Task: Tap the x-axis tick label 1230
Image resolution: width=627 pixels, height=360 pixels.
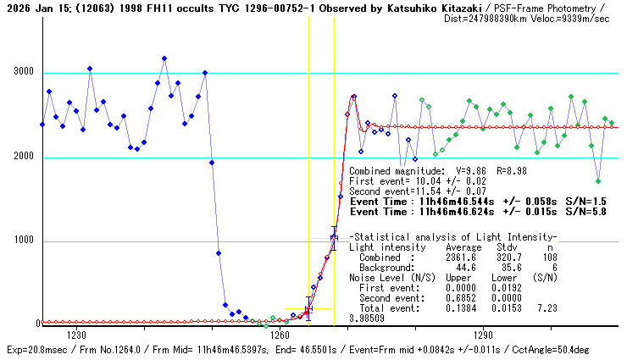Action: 77,335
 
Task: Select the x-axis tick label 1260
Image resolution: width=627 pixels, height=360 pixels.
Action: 280,335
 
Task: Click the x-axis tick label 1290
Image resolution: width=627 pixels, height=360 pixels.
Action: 482,335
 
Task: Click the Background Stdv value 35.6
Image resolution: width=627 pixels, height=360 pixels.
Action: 509,268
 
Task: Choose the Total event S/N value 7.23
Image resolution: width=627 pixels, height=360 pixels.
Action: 547,308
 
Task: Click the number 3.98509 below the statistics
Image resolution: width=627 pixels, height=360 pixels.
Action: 367,318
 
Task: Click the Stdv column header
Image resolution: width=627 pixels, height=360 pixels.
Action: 507,247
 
